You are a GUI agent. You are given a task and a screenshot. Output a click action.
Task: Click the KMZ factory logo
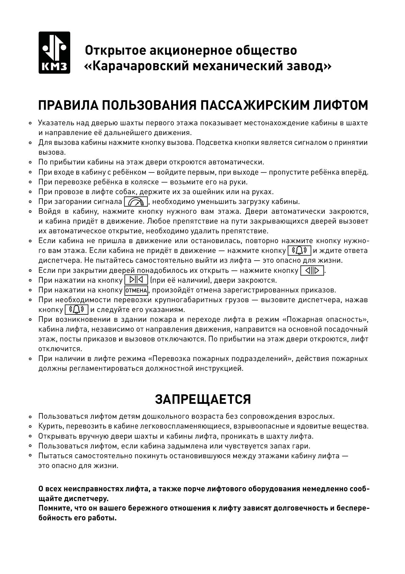54,52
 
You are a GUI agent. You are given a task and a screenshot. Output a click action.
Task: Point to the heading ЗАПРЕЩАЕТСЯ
203,399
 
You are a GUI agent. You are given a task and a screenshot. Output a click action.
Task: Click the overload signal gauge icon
136,202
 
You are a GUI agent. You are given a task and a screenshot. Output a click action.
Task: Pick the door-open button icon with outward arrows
312,270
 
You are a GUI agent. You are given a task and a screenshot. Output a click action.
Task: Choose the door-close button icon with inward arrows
136,280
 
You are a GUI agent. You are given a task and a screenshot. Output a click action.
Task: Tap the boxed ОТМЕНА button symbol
136,290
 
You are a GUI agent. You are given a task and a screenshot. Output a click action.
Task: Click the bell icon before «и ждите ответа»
299,251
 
